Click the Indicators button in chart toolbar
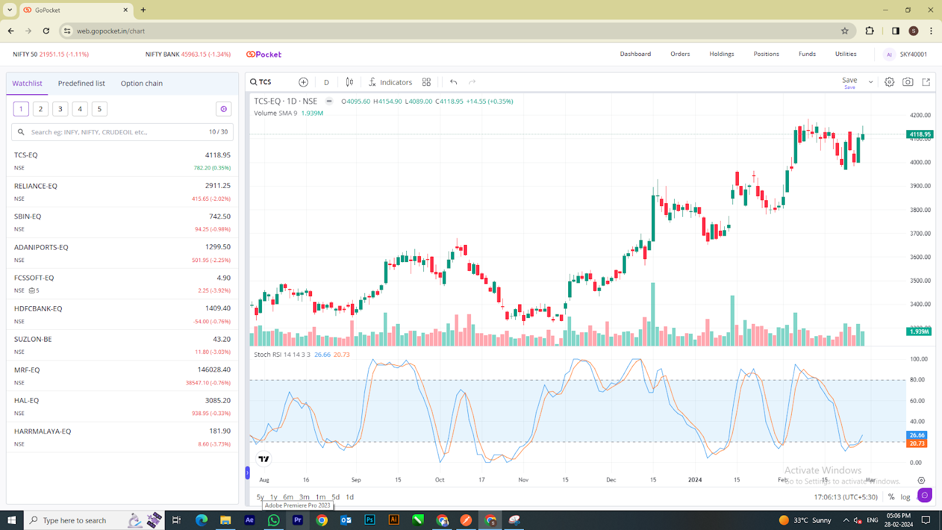390,82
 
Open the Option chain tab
141,84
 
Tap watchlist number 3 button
60,109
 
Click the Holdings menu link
721,54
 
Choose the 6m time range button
288,497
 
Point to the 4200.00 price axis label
920,115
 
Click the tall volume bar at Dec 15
653,315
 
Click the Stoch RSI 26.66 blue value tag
917,435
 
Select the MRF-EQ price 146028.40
214,370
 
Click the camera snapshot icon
907,82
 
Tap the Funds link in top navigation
807,54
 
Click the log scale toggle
905,497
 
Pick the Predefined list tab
81,84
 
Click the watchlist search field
118,132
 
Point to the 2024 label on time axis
695,480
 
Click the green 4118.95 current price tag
920,134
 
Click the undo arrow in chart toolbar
453,82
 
